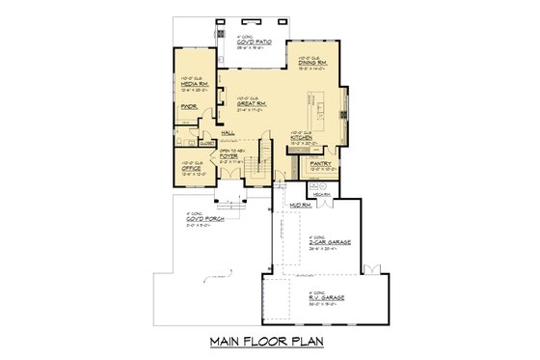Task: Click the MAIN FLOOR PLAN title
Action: point(269,343)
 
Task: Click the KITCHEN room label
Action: point(304,139)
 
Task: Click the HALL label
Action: point(229,134)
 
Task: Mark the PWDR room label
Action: point(189,122)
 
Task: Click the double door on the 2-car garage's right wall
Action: point(377,267)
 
